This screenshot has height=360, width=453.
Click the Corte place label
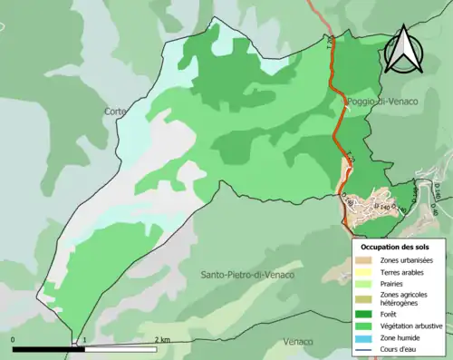pos(115,112)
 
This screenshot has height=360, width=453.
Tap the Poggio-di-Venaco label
pos(381,102)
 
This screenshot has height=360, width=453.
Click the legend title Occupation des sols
pos(396,247)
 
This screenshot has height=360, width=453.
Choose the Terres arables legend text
pos(403,270)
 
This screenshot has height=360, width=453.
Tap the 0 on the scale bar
pos(14,339)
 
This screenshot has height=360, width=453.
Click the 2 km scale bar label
pos(161,339)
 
